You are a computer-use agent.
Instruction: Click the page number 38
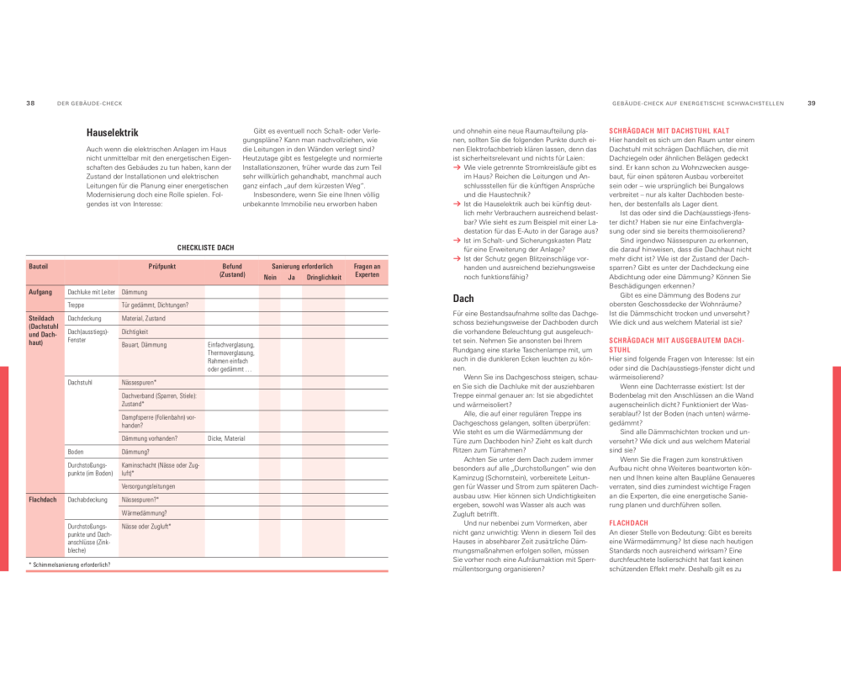pyautogui.click(x=30, y=103)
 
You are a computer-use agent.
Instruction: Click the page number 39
pyautogui.click(x=812, y=103)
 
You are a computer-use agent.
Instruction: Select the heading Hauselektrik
pyautogui.click(x=112, y=133)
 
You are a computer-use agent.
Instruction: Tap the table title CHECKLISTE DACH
pyautogui.click(x=205, y=248)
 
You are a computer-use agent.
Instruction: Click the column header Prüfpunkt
pyautogui.click(x=161, y=267)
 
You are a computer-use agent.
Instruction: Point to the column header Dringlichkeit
pyautogui.click(x=324, y=277)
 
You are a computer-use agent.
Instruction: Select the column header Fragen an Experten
pyautogui.click(x=367, y=271)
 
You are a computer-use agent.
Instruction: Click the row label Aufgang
pyautogui.click(x=40, y=292)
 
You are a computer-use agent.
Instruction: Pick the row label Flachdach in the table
pyautogui.click(x=44, y=500)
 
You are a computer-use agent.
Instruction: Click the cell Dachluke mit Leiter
pyautogui.click(x=91, y=292)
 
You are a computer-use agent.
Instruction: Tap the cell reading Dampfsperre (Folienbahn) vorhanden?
pyautogui.click(x=160, y=421)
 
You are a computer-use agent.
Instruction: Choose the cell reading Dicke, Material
pyautogui.click(x=226, y=438)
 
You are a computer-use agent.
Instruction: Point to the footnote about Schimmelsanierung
pyautogui.click(x=72, y=564)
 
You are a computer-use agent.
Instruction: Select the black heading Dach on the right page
pyautogui.click(x=463, y=299)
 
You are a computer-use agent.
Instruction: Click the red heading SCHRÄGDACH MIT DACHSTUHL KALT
pyautogui.click(x=669, y=131)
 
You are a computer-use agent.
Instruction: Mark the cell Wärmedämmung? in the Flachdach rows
pyautogui.click(x=145, y=512)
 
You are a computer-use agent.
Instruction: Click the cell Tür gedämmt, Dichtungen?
pyautogui.click(x=155, y=305)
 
